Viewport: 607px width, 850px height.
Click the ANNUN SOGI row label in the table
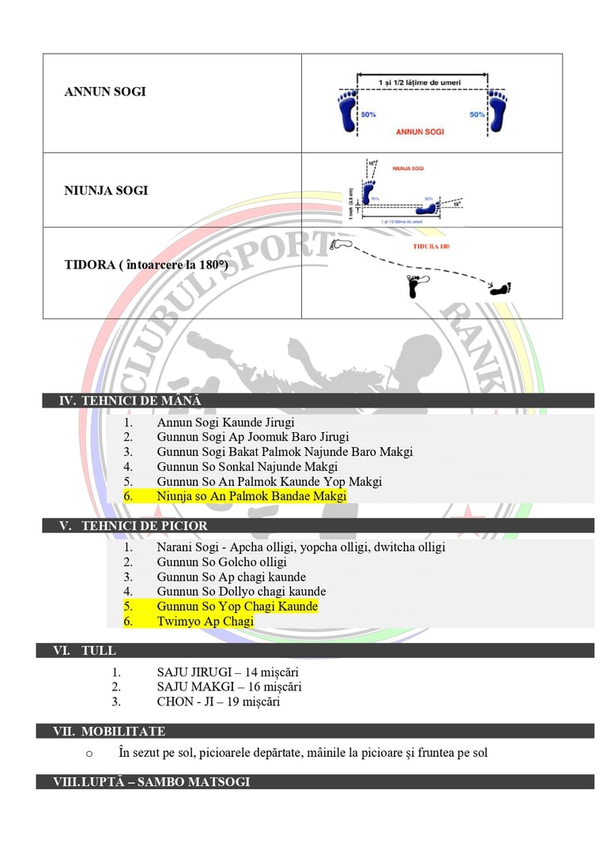click(104, 92)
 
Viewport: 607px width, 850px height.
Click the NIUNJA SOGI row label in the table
click(106, 190)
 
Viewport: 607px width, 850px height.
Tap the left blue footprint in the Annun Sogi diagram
click(347, 111)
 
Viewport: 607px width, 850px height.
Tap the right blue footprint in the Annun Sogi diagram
click(497, 111)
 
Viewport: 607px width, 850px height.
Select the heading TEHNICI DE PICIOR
click(134, 525)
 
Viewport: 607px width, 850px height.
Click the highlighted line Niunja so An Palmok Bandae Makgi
click(251, 496)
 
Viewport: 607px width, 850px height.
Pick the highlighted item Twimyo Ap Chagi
click(205, 621)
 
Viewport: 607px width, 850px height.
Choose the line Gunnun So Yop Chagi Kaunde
click(237, 606)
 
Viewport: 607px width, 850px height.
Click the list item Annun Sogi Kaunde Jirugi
click(225, 423)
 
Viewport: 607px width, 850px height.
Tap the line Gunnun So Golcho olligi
click(221, 562)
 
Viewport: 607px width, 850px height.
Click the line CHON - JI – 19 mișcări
click(218, 701)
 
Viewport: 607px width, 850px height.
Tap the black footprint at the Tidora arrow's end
click(501, 289)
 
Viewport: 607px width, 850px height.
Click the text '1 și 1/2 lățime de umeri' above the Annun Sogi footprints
click(421, 82)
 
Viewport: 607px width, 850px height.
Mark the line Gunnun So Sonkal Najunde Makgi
click(236, 467)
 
